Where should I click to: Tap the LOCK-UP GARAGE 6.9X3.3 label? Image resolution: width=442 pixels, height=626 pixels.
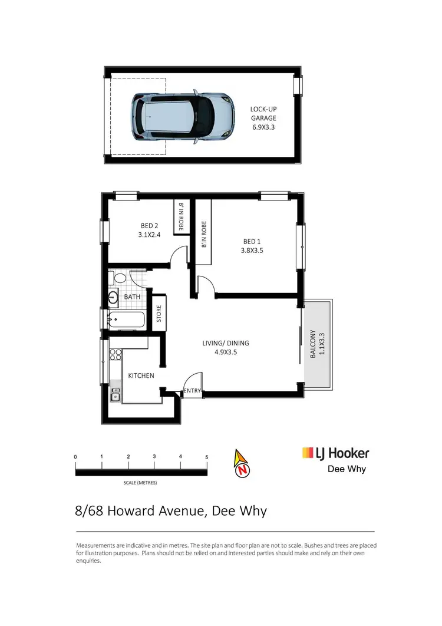point(263,118)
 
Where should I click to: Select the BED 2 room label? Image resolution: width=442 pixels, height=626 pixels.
point(149,230)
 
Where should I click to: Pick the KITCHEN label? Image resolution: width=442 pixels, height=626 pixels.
point(141,375)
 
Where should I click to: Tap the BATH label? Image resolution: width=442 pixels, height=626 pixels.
point(132,296)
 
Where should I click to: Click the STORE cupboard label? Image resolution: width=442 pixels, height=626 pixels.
point(159,314)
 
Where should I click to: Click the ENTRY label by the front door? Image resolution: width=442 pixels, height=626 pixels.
point(192,390)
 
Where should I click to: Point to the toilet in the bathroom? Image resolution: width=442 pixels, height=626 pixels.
point(118,278)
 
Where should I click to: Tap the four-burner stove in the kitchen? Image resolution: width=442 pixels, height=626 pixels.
point(115,355)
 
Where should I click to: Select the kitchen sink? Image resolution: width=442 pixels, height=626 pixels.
point(116,394)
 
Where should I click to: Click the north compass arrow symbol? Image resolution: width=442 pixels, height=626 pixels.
point(242,464)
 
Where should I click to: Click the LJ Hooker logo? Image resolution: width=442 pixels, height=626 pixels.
point(335,453)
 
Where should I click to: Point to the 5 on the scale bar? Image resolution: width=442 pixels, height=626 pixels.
point(206,457)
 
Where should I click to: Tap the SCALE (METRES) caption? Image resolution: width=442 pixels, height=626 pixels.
point(140,483)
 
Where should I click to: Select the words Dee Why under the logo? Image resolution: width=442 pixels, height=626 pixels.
point(346,469)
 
